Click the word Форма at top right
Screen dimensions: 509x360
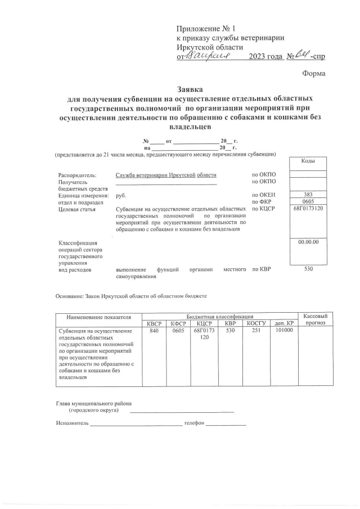313,73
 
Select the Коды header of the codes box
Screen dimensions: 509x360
308,161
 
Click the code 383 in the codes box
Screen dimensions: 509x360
308,195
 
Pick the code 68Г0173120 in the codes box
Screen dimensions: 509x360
308,209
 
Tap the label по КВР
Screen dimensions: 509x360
261,270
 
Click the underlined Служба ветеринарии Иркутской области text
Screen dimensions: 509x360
165,175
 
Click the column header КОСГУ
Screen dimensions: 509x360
256,323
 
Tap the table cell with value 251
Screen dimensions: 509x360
256,331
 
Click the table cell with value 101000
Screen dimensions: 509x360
283,331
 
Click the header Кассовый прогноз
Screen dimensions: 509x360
315,319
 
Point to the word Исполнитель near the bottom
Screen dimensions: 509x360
73,422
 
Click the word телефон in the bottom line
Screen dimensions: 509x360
193,422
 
